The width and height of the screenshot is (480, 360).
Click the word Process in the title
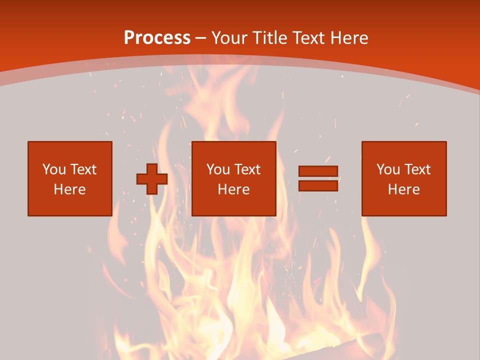[157, 38]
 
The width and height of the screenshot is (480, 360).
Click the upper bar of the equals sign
[318, 171]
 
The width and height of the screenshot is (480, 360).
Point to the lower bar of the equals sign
[318, 186]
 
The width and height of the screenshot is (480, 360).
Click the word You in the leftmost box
[54, 169]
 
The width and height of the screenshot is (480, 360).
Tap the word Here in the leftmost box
[70, 189]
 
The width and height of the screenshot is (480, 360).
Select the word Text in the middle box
[247, 169]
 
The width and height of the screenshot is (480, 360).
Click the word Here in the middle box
[234, 189]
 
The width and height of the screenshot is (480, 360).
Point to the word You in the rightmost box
[388, 169]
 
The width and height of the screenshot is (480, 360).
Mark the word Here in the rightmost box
[404, 189]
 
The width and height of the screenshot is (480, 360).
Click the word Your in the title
[230, 38]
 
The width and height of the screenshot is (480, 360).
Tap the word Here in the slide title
[349, 38]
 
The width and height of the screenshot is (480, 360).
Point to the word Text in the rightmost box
[417, 169]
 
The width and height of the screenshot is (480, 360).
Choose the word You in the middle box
[218, 169]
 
